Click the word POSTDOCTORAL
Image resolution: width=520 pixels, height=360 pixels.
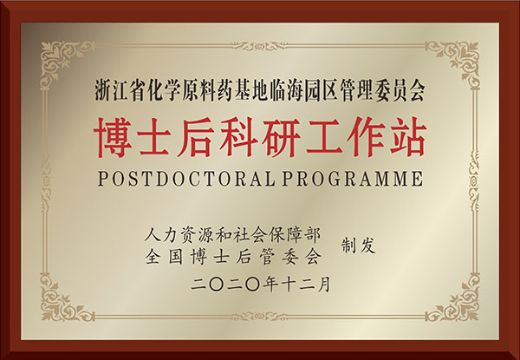coord(186,179)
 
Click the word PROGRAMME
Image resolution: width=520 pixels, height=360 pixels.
coord(353,179)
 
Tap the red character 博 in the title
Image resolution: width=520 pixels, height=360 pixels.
coord(114,137)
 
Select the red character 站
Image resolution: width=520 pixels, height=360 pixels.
coord(407,137)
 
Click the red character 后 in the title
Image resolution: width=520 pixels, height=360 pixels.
coord(197,137)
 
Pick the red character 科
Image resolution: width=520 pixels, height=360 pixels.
coord(237,137)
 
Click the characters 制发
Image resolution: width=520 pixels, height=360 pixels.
coord(359,245)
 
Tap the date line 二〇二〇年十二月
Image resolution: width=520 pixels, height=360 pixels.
coord(261,285)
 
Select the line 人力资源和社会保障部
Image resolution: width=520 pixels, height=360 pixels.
coord(233,235)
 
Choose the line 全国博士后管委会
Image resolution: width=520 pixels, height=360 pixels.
coord(233,257)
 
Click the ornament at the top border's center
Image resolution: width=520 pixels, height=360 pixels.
coord(260,46)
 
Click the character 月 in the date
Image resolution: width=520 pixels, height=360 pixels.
coord(323,285)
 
